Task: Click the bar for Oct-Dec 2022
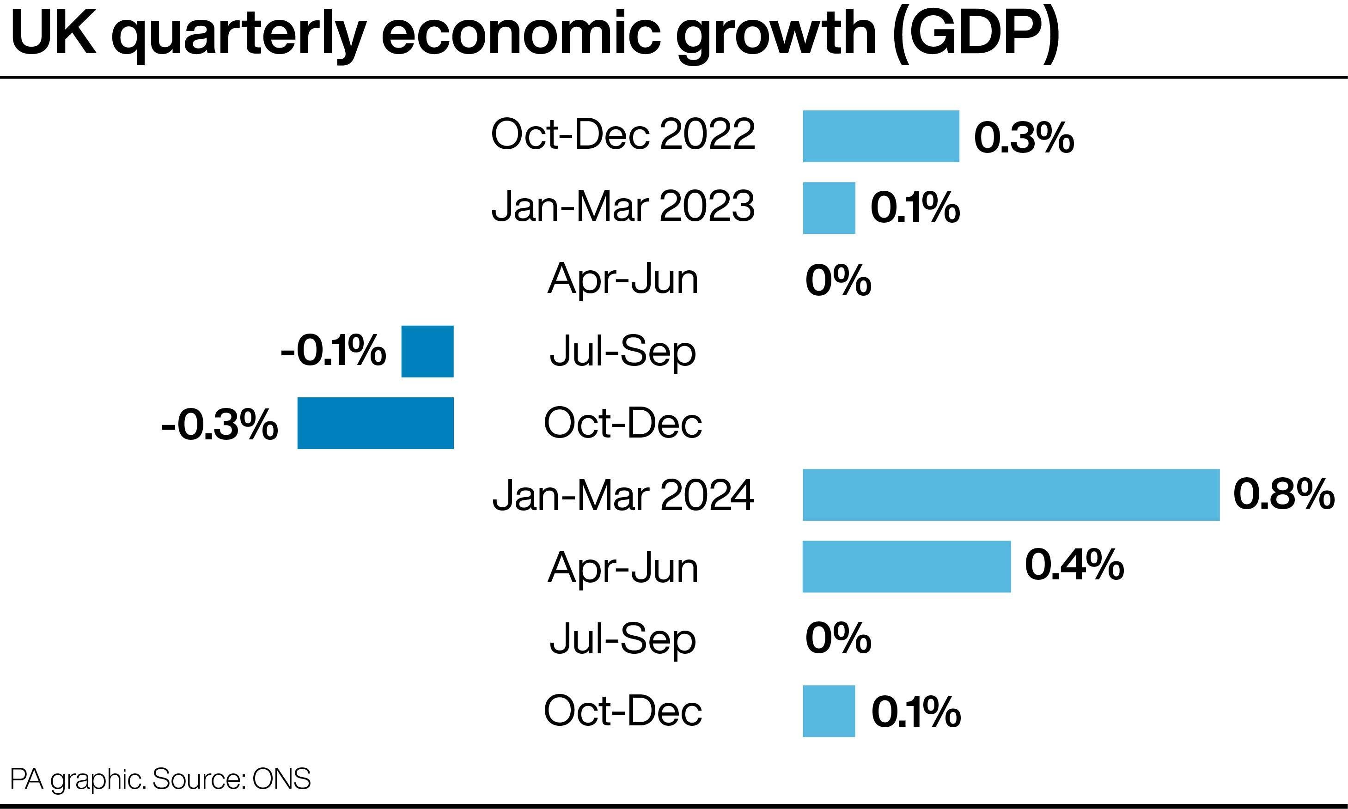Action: [880, 136]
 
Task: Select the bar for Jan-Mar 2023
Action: [829, 208]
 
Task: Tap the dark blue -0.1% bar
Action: [427, 351]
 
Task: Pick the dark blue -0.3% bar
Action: [375, 423]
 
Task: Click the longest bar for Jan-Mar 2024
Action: [1011, 494]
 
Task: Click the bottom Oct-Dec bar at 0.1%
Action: [829, 711]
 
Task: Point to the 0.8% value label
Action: [1283, 494]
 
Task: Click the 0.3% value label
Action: [1024, 137]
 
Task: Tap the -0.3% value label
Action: [220, 425]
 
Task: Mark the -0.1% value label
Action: [333, 351]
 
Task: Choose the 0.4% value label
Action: [1074, 565]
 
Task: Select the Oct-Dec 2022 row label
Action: [623, 134]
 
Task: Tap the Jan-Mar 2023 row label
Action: [623, 206]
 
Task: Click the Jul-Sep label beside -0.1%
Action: [623, 352]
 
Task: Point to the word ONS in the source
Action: [281, 779]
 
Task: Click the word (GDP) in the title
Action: [976, 34]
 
